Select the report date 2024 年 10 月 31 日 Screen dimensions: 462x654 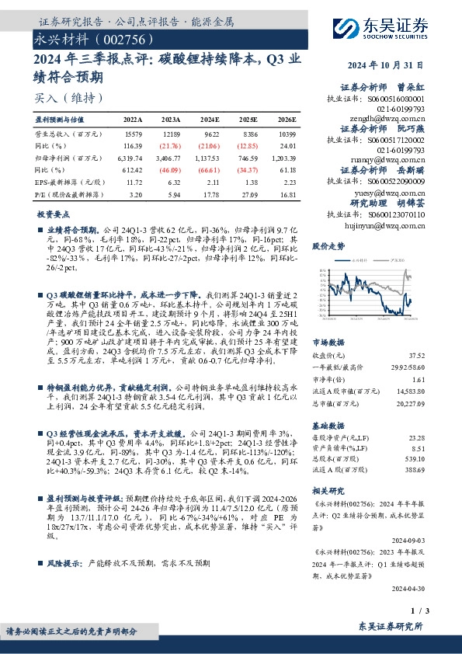tap(415, 66)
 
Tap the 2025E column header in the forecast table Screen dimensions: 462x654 tap(248, 120)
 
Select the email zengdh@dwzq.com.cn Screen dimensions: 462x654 tap(384, 119)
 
